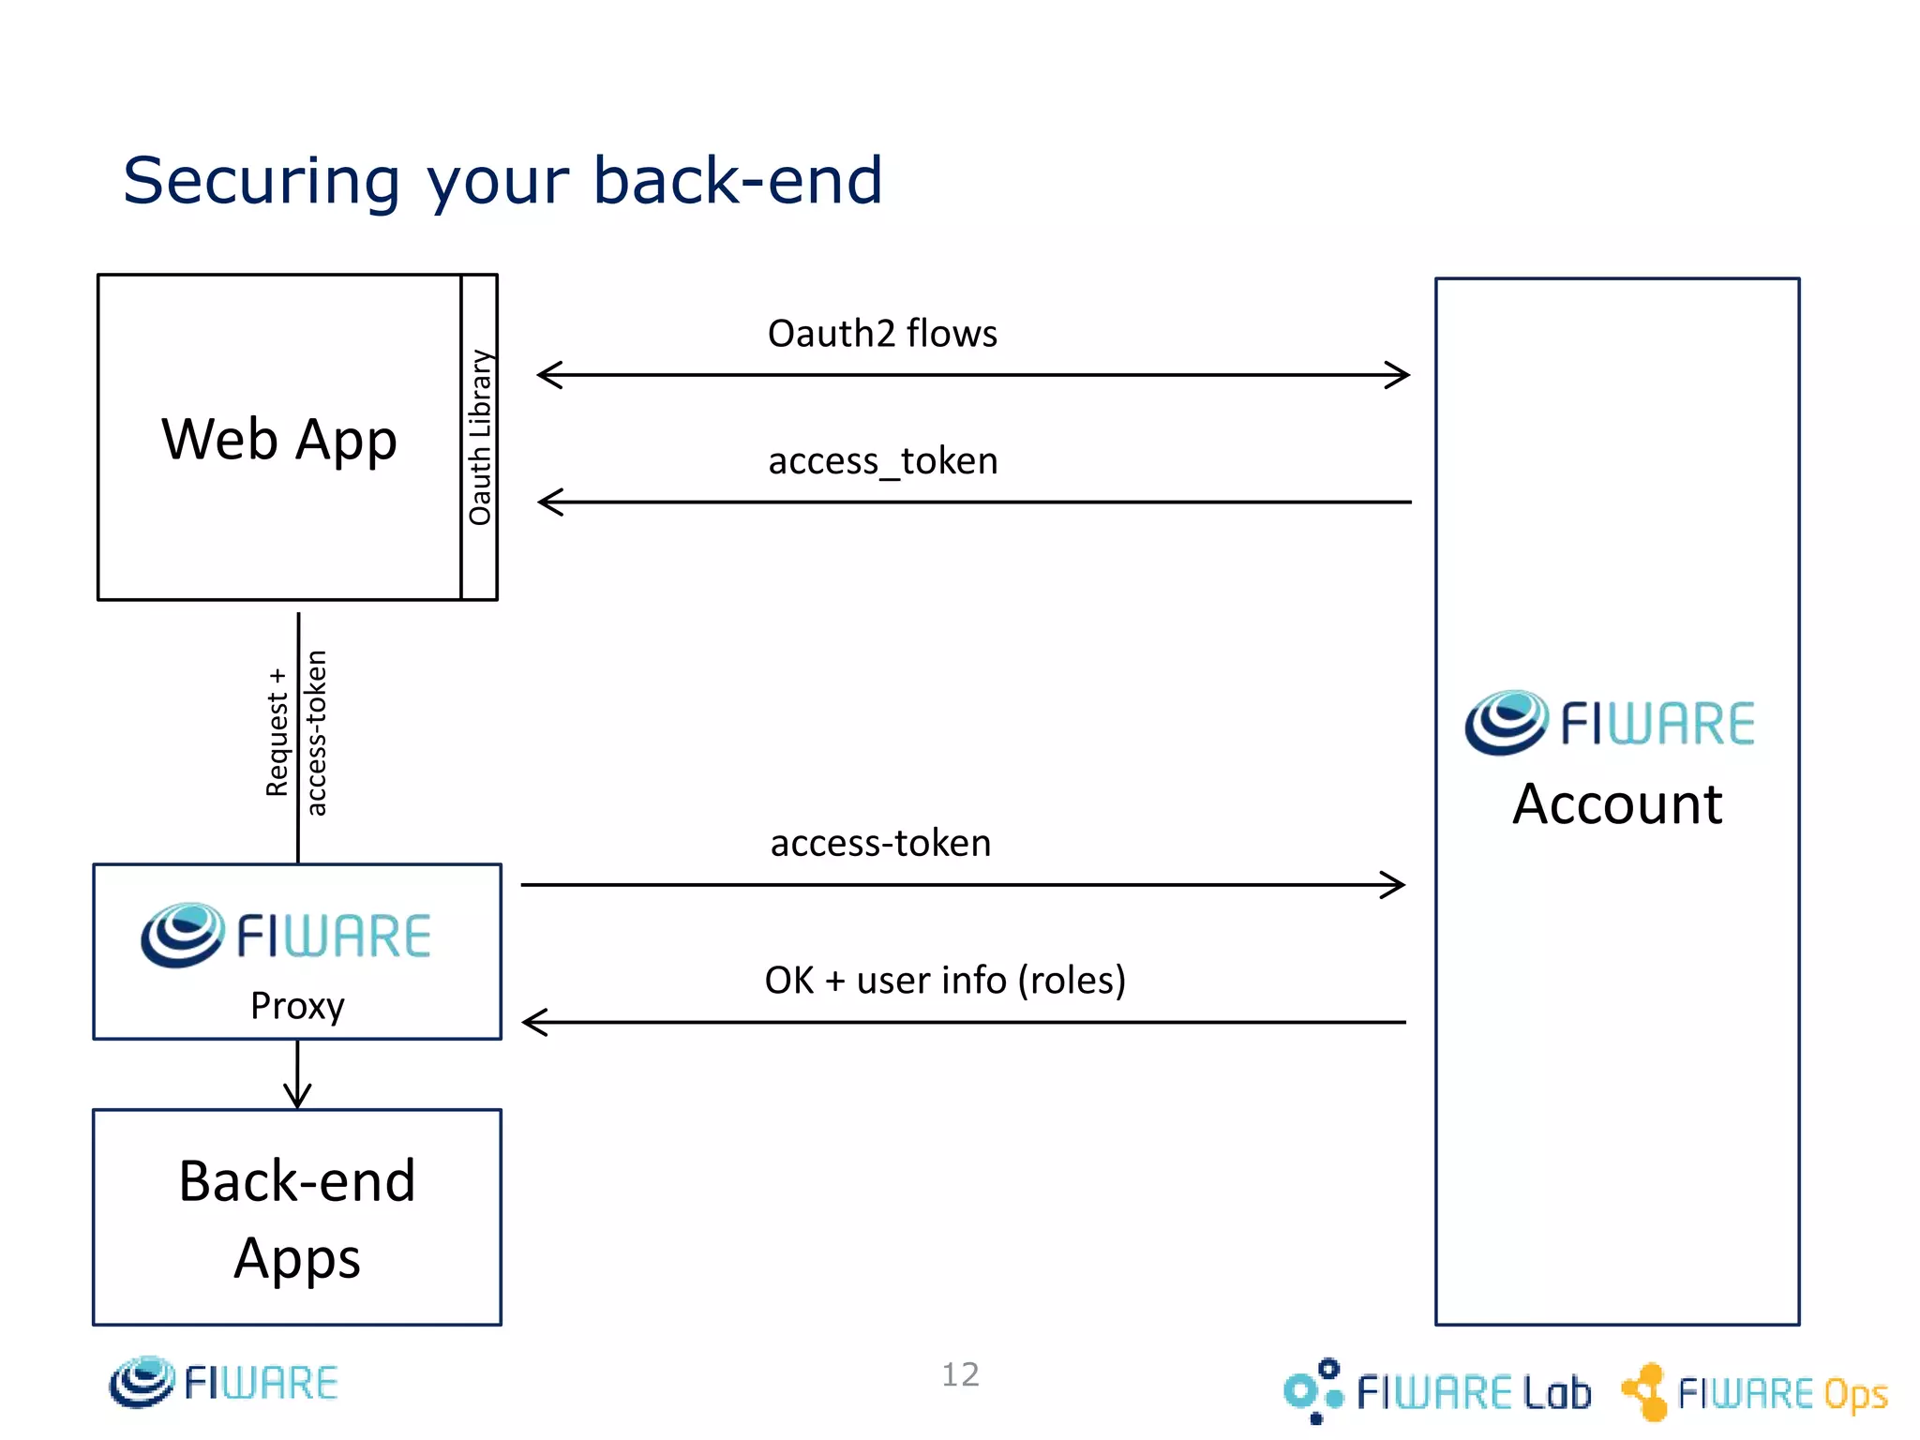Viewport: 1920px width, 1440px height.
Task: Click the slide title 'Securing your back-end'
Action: coord(502,180)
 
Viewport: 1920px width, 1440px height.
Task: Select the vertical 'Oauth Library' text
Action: coord(480,437)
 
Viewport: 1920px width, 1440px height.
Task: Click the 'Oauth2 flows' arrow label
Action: coord(881,334)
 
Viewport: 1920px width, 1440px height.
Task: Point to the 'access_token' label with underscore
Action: coord(882,461)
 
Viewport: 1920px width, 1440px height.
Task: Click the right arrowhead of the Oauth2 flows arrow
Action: coord(1399,375)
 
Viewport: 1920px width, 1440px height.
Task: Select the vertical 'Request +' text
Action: coord(277,732)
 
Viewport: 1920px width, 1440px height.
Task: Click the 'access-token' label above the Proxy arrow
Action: coord(880,843)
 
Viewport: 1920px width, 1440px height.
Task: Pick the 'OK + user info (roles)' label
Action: coord(945,980)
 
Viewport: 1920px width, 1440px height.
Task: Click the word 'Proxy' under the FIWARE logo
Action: coord(297,1006)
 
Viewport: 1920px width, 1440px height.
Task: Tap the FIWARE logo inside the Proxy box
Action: coord(286,935)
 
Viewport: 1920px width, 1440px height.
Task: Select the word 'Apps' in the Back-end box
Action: coord(297,1258)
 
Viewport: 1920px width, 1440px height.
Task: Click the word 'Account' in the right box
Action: coord(1617,804)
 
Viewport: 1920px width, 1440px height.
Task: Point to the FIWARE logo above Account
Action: coord(1610,723)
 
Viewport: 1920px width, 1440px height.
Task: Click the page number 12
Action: coord(960,1374)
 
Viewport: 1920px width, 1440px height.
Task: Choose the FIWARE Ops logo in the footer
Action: coord(1754,1392)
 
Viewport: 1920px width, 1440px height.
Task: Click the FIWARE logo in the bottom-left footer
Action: coord(223,1382)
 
